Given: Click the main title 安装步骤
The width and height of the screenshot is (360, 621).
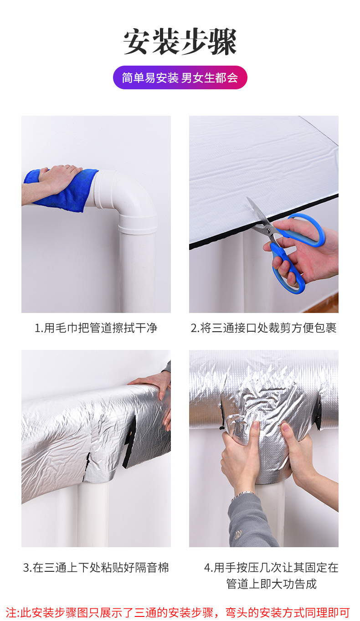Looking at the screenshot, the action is [180, 41].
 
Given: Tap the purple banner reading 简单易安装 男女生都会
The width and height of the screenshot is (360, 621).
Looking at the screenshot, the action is [180, 77].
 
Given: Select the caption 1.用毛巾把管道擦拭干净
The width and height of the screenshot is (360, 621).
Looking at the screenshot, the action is [96, 328].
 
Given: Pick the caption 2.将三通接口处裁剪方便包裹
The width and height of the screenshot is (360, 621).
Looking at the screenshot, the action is [263, 328].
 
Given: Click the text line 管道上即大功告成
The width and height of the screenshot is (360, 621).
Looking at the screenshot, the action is [271, 584].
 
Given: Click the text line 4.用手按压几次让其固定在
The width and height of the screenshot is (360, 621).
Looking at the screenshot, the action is [271, 568].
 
